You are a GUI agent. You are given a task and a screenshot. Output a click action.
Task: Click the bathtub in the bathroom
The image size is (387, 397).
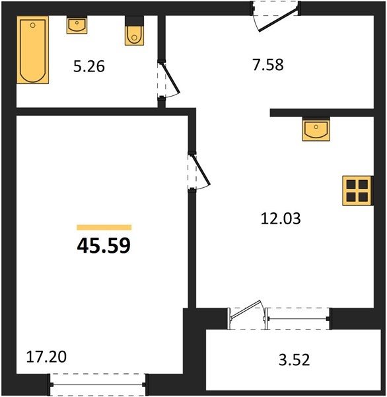(33, 50)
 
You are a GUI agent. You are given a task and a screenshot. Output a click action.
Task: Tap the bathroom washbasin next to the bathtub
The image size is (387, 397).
(77, 25)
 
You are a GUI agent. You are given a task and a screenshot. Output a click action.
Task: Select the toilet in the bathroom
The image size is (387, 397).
(135, 31)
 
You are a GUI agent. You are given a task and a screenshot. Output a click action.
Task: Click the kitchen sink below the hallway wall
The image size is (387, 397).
(316, 129)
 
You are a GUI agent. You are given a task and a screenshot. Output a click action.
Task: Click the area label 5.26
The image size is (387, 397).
(89, 67)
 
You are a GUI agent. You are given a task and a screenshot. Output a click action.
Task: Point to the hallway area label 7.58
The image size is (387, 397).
(268, 64)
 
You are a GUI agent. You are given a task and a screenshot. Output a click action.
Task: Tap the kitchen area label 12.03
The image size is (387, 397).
(281, 218)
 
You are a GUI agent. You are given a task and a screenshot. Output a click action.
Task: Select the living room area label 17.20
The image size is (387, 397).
(46, 357)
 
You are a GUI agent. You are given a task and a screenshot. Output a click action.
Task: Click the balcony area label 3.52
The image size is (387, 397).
(295, 360)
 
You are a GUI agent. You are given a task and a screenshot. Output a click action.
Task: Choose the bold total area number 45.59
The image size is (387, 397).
(104, 246)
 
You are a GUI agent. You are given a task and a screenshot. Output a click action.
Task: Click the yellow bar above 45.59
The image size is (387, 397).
(104, 228)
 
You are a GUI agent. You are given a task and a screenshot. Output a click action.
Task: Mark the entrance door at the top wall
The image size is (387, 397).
(275, 16)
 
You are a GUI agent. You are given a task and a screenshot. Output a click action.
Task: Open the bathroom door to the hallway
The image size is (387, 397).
(168, 80)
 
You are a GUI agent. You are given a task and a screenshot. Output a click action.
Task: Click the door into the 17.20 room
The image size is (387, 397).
(199, 171)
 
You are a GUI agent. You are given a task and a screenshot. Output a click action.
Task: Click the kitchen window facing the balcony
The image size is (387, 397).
(299, 318)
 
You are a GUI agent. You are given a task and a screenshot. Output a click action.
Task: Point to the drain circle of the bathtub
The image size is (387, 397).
(32, 25)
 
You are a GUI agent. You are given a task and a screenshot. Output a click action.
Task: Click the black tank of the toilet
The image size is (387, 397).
(135, 21)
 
